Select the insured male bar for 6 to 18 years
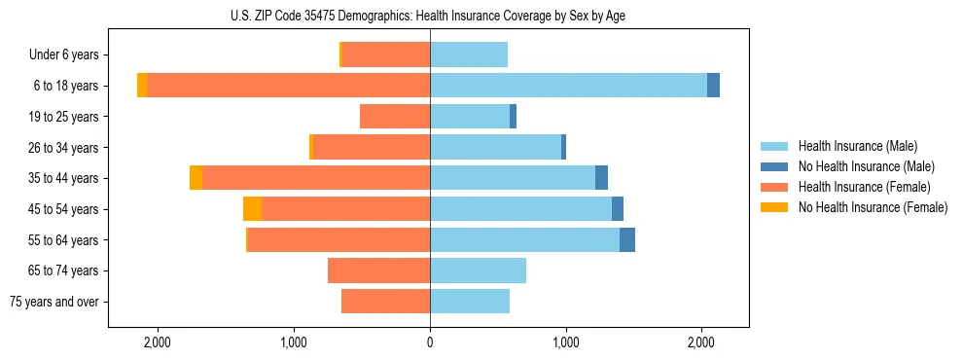pyautogui.click(x=568, y=86)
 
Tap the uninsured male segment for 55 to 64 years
pyautogui.click(x=627, y=239)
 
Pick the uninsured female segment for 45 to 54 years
pyautogui.click(x=252, y=209)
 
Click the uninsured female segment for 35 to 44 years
pyautogui.click(x=196, y=178)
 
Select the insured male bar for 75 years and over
pyautogui.click(x=470, y=302)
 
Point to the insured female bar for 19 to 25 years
pyautogui.click(x=395, y=117)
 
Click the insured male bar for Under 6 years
pyautogui.click(x=469, y=55)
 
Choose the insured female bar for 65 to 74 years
pyautogui.click(x=378, y=270)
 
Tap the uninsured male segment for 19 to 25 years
pyautogui.click(x=513, y=117)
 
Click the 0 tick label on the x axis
pyautogui.click(x=430, y=342)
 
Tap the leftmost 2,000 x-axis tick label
pyautogui.click(x=158, y=342)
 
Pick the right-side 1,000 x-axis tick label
pyautogui.click(x=566, y=342)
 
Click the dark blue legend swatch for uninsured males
pyautogui.click(x=774, y=166)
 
